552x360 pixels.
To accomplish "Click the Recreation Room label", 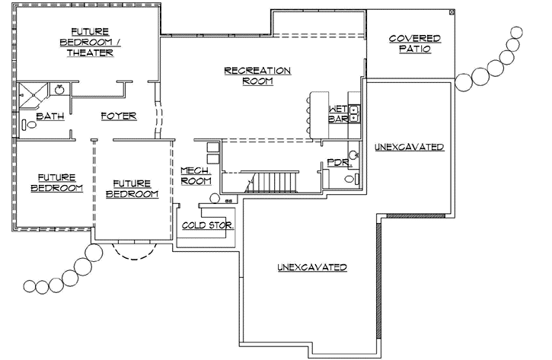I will (x=257, y=75).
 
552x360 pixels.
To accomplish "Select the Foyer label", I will (x=119, y=116).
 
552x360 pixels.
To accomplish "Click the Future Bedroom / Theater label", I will (x=88, y=41).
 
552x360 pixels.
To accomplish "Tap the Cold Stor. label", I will (x=208, y=226).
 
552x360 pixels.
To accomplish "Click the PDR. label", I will (x=337, y=163).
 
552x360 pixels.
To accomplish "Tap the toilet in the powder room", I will (x=349, y=179).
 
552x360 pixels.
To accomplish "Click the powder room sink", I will (x=353, y=155).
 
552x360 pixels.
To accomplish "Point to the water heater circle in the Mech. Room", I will (x=215, y=199).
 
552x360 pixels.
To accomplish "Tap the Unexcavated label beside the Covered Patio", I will (x=410, y=146).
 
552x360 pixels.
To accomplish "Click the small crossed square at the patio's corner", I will (x=451, y=11).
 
